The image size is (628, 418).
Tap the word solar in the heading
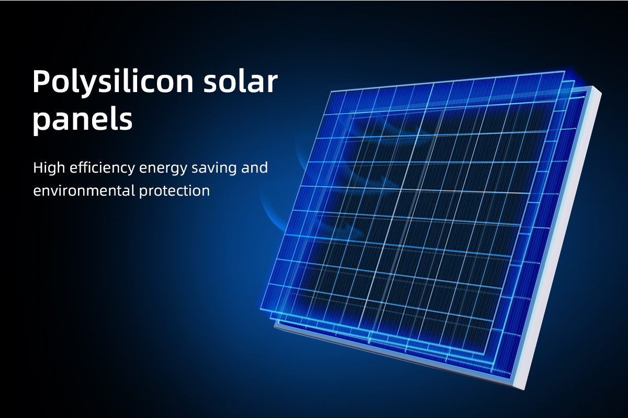point(241,81)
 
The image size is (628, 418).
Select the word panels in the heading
point(83,119)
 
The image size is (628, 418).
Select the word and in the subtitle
point(254,167)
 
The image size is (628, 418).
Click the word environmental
point(84,191)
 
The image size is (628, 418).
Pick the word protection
point(174,191)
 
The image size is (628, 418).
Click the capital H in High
point(39,167)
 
